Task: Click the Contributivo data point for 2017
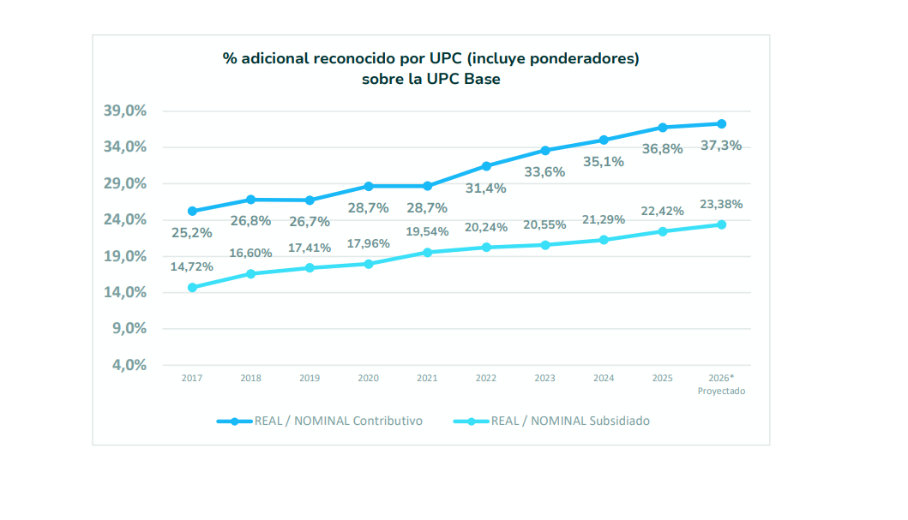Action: (192, 211)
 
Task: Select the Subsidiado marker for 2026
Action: (722, 224)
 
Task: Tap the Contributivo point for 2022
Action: (486, 166)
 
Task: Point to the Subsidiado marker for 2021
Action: (427, 252)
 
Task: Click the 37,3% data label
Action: (721, 146)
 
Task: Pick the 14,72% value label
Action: (191, 266)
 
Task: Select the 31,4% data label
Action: (486, 188)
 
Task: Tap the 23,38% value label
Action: (721, 204)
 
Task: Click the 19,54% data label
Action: (427, 231)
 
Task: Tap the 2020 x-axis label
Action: (369, 378)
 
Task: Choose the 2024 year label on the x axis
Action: (604, 378)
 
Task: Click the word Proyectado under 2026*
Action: (721, 391)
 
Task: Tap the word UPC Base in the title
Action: (464, 79)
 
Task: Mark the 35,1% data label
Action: (604, 161)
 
